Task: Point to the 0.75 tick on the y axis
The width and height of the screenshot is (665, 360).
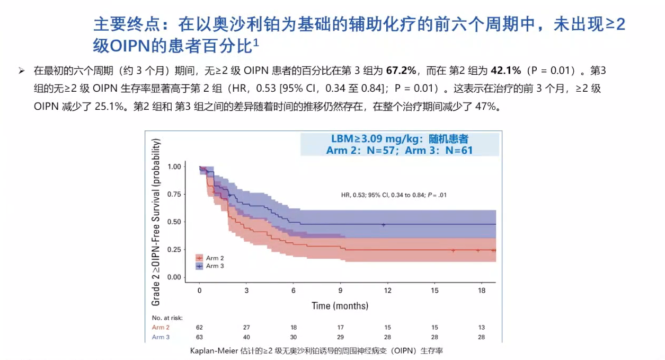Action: click(x=174, y=194)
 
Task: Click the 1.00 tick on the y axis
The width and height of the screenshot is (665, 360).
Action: click(x=174, y=166)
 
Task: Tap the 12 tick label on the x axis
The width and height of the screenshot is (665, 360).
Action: click(x=388, y=291)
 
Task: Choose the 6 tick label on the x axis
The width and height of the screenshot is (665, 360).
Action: click(x=294, y=291)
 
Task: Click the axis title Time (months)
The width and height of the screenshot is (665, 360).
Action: click(x=340, y=306)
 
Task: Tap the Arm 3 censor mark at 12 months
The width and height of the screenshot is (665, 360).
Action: click(x=384, y=225)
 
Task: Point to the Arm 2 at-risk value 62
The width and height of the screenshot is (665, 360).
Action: click(x=199, y=328)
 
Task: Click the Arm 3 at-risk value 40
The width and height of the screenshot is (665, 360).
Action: click(x=246, y=337)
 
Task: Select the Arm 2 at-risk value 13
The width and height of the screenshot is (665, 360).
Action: click(x=482, y=328)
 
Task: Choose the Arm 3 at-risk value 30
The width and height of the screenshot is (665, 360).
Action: click(x=294, y=337)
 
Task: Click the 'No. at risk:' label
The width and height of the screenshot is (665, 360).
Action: click(x=167, y=318)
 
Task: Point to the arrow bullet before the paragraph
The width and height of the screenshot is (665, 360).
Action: click(x=22, y=71)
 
